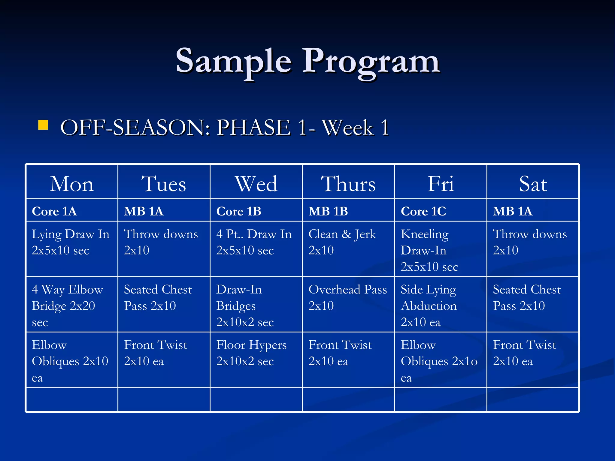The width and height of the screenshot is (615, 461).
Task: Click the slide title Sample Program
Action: click(x=307, y=62)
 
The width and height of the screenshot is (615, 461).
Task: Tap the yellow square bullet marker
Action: click(x=43, y=125)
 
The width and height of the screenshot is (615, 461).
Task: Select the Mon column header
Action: click(x=72, y=184)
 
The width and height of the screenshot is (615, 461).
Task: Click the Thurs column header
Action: click(x=348, y=184)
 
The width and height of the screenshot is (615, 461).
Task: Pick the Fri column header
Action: click(x=441, y=184)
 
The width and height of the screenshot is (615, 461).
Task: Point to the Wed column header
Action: click(x=256, y=184)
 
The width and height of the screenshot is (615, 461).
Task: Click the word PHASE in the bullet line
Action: click(x=254, y=128)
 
